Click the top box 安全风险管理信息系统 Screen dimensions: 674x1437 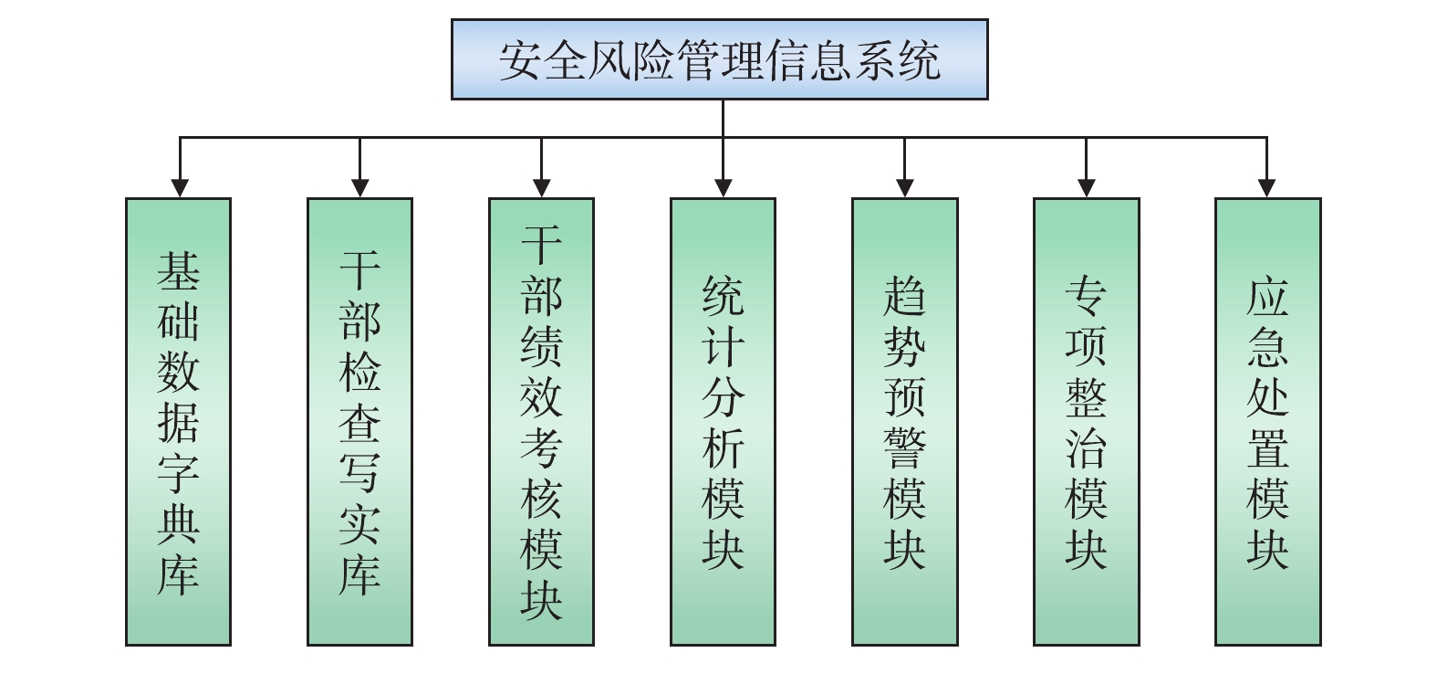(719, 59)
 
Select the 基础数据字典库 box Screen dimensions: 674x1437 (178, 422)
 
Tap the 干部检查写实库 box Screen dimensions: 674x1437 (359, 422)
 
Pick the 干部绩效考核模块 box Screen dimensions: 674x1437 (541, 422)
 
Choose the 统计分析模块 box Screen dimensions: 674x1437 (723, 422)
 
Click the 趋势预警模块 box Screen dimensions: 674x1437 (904, 422)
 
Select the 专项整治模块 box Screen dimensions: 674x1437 (1086, 422)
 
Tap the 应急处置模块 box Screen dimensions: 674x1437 (1267, 422)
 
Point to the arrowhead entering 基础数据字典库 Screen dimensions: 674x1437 (180, 188)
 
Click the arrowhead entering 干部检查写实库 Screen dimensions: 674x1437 (360, 188)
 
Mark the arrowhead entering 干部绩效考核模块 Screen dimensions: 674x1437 (542, 188)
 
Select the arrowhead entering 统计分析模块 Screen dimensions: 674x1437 (724, 188)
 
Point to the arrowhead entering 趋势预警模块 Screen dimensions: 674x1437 (904, 188)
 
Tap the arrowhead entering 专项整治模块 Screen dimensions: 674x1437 (1086, 188)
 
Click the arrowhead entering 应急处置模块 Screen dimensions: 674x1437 (1266, 188)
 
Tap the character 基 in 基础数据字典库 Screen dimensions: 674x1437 (178, 270)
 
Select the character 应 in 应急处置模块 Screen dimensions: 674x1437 (1267, 296)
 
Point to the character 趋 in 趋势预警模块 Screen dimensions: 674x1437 (904, 296)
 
